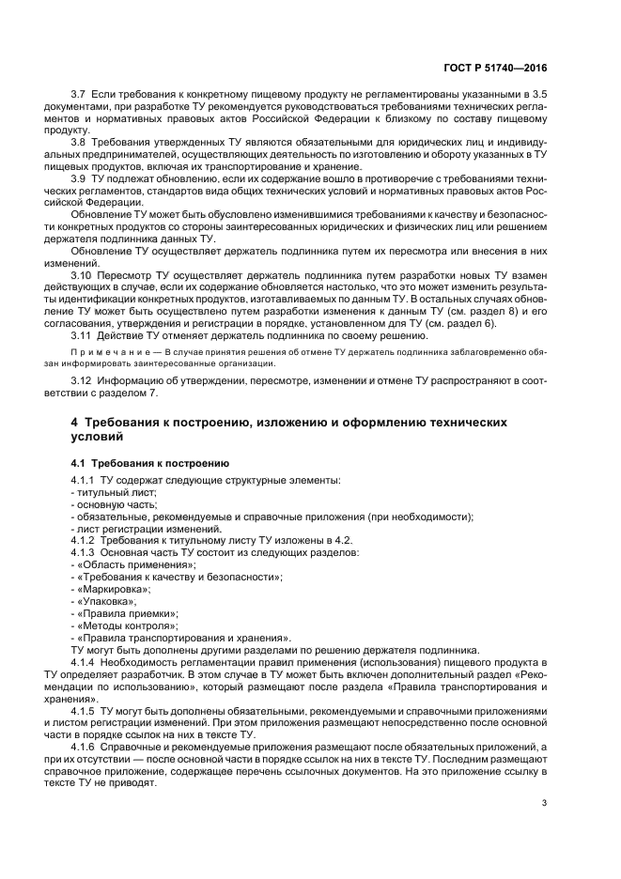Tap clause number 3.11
point(83,335)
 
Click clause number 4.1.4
point(86,662)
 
